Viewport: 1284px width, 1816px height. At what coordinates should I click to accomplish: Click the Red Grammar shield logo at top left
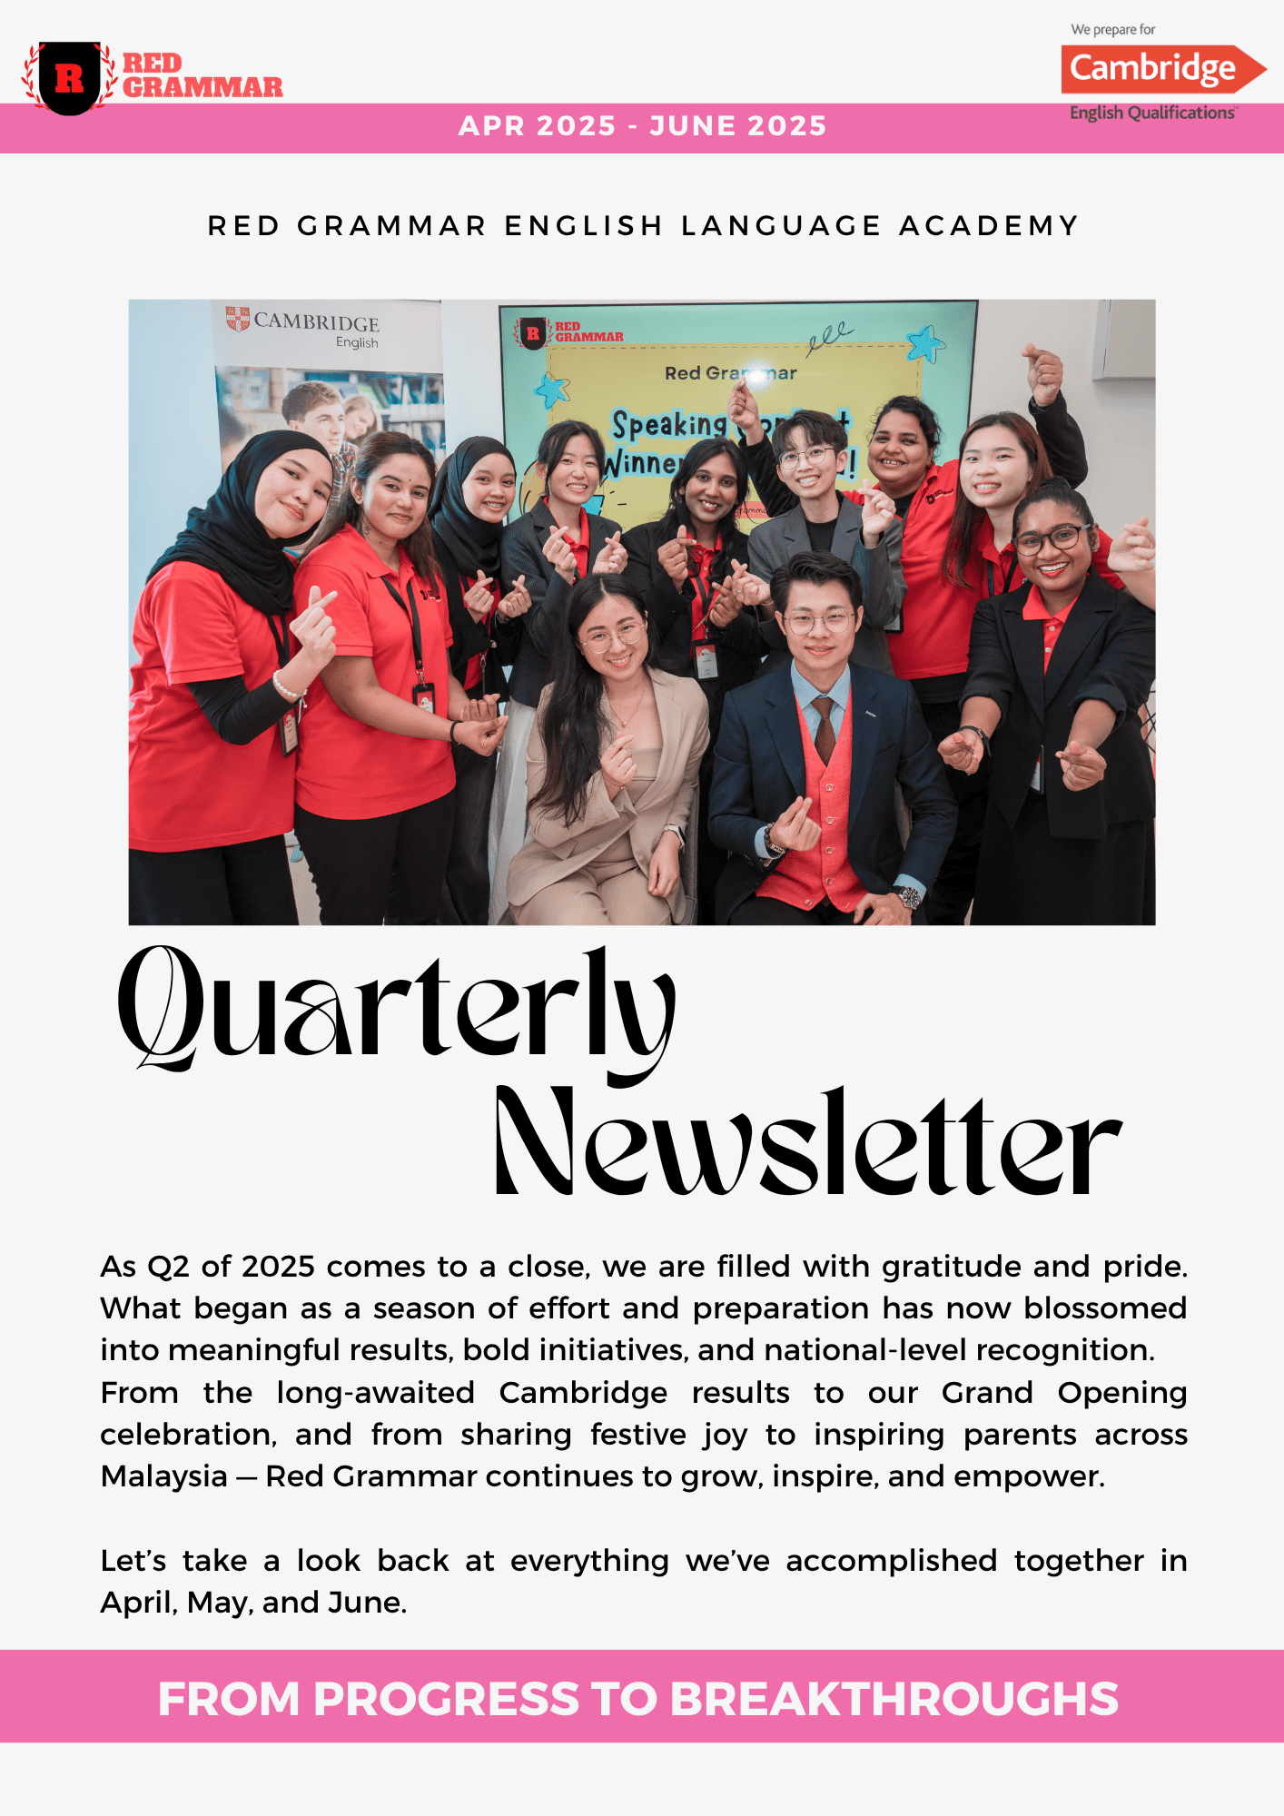tap(69, 78)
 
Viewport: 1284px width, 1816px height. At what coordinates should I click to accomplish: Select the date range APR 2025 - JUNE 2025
tap(642, 126)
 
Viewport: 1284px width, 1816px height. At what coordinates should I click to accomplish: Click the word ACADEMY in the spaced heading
tap(989, 225)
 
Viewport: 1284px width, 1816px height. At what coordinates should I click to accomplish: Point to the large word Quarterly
tap(397, 1009)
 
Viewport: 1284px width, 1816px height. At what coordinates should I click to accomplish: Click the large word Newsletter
tap(807, 1142)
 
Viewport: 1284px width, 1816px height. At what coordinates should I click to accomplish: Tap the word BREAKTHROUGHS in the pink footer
tap(894, 1699)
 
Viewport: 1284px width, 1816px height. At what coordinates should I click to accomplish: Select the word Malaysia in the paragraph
tap(164, 1476)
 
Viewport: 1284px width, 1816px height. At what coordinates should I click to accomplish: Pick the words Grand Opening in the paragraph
tap(1064, 1393)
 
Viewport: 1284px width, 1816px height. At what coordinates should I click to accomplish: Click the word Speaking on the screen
tap(669, 425)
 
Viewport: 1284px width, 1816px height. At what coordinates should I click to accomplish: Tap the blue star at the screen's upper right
tap(926, 344)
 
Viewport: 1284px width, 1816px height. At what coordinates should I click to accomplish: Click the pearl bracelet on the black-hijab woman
tap(287, 687)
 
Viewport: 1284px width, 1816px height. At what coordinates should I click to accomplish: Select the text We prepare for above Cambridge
tap(1112, 30)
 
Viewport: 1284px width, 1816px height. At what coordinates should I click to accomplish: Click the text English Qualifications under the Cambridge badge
tap(1151, 113)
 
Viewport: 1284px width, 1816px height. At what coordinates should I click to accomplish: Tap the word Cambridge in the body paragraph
tap(583, 1393)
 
